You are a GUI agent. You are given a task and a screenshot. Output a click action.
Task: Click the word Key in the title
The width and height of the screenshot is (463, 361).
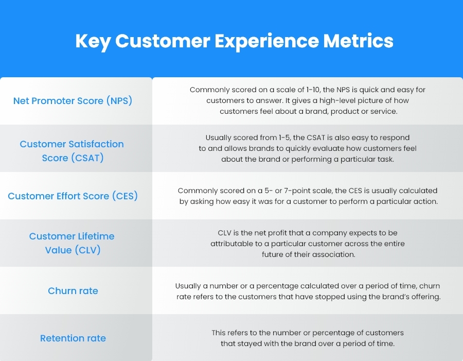(x=93, y=41)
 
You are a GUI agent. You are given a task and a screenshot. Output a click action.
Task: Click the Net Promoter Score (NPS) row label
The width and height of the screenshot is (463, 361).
(x=73, y=101)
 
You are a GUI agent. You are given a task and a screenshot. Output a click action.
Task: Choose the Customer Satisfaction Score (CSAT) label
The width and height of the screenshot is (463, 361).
(x=72, y=151)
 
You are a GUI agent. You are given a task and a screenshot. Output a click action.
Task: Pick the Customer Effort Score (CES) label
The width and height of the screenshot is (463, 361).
(x=73, y=196)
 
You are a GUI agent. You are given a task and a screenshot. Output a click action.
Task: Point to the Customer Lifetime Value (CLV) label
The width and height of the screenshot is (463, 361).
(x=72, y=243)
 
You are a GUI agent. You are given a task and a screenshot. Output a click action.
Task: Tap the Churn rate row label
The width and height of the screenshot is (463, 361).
(x=73, y=291)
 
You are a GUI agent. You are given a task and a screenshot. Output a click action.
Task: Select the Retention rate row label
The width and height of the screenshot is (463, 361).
(x=73, y=338)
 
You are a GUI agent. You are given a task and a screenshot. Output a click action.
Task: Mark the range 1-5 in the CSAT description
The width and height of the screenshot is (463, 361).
(x=289, y=137)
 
